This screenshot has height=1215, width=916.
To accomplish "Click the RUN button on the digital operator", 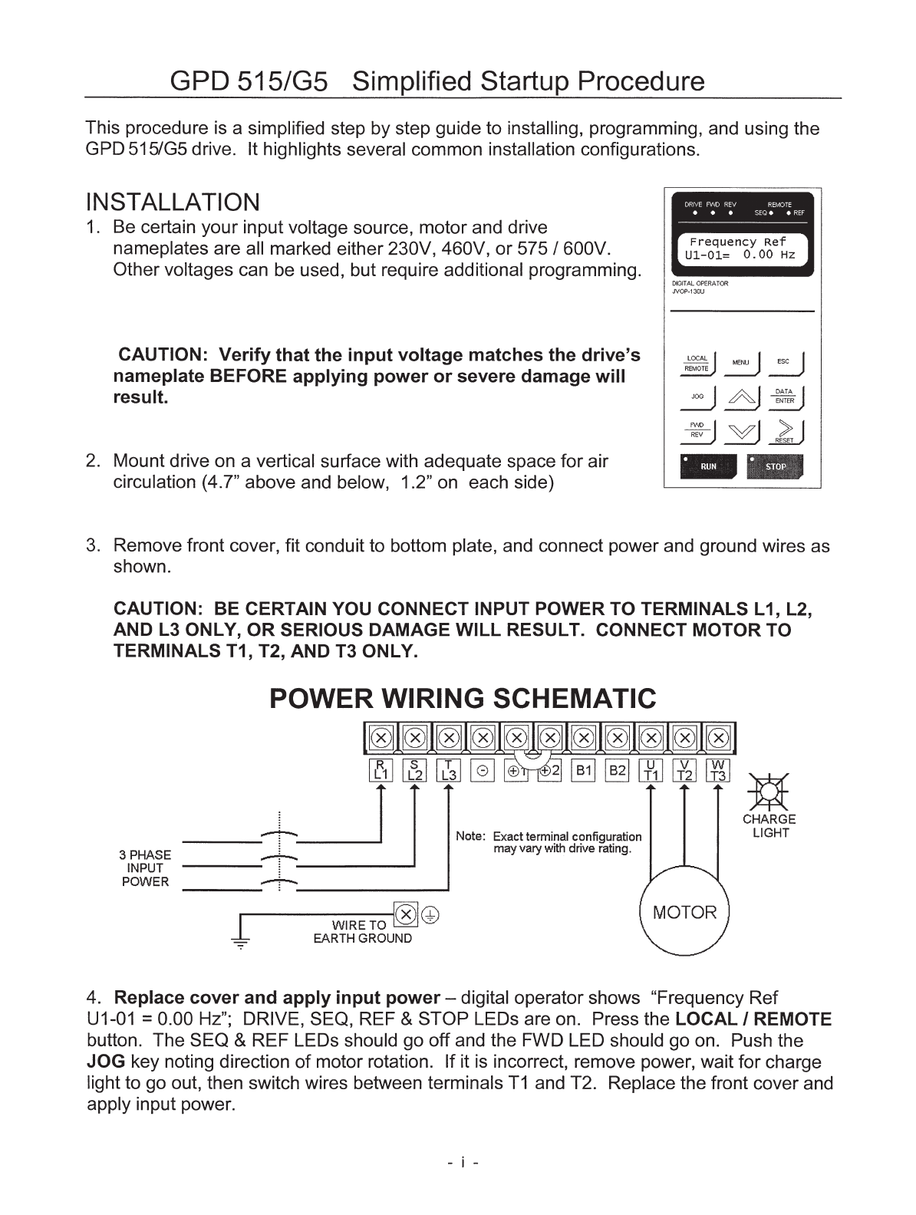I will coord(707,466).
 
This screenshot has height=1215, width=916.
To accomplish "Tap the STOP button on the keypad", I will coord(775,466).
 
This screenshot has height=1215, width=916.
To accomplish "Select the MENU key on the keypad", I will coord(741,362).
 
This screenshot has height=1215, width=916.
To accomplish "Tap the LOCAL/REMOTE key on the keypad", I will coord(697,363).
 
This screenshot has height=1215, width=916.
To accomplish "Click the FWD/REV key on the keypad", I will coord(697,431).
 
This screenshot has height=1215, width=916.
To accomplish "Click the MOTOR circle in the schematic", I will coord(684,913).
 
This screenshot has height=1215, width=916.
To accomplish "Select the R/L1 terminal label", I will coord(381,770).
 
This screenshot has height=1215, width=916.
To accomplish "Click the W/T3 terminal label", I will coord(718,770).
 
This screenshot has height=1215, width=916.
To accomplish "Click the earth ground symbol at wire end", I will coord(241,943).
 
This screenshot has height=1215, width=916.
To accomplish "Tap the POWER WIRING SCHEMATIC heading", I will coord(463,699).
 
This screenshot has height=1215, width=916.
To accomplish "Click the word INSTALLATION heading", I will coord(173,202).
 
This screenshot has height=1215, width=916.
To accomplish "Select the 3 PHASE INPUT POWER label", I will coord(145,868).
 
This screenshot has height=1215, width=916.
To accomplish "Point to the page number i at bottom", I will coord(463,1163).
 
